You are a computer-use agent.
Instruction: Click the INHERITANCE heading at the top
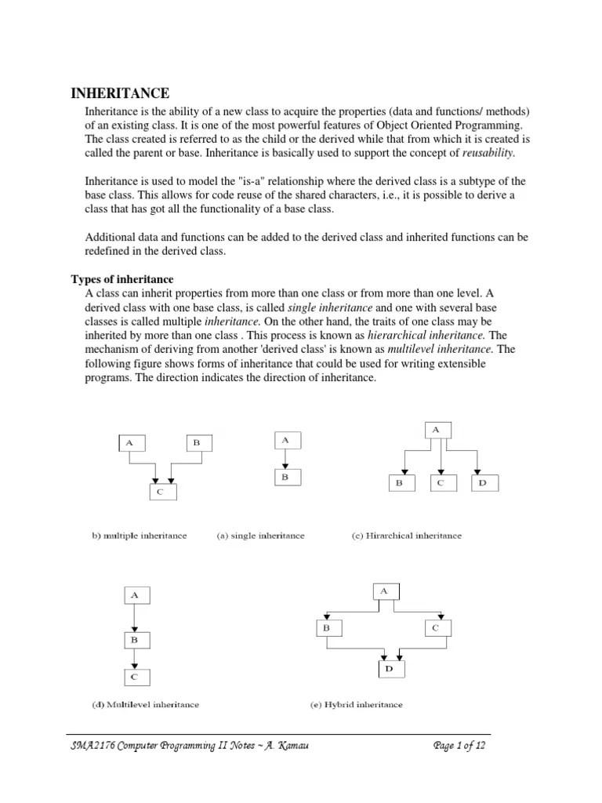120,93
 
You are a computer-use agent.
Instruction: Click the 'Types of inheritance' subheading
122,280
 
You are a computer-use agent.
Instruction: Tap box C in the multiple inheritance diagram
163,492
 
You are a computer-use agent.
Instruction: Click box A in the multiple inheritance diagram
131,443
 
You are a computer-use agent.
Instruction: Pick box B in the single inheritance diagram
285,476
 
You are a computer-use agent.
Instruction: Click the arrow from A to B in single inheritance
285,458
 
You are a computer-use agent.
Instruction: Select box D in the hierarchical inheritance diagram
483,484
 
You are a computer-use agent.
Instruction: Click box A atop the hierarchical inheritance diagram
437,429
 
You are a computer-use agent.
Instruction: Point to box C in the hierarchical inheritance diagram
441,484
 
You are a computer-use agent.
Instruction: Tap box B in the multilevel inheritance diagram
135,640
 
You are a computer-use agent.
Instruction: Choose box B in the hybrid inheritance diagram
327,628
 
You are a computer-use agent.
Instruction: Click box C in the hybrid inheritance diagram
437,628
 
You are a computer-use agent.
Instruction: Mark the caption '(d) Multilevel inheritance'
141,705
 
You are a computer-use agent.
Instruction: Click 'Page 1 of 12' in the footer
460,746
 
